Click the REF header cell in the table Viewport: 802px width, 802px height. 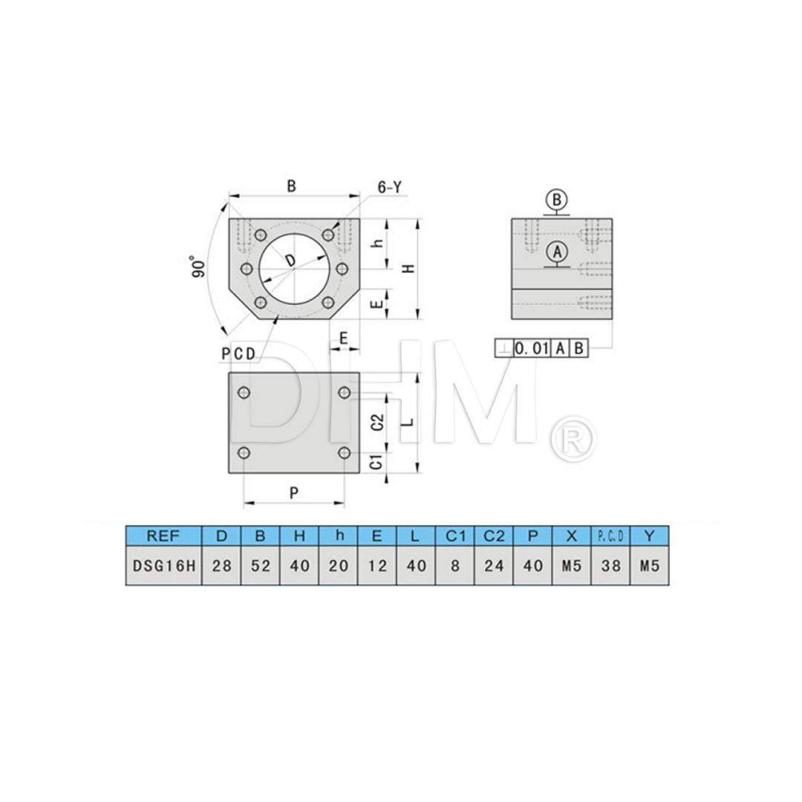point(163,535)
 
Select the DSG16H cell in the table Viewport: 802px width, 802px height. point(163,566)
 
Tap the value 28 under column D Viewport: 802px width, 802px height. point(221,566)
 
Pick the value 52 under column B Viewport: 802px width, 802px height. point(260,566)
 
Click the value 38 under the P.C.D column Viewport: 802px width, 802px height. point(610,566)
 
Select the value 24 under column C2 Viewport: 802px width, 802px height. point(494,566)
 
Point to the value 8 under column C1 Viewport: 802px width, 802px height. point(455,566)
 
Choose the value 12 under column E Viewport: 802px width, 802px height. point(377,566)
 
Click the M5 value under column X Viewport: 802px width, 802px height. point(571,566)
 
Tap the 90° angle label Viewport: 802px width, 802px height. point(197,267)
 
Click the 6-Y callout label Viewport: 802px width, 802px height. point(389,188)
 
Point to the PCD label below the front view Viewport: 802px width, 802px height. point(238,354)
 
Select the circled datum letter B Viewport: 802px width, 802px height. point(557,200)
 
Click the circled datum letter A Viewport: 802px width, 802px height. point(557,252)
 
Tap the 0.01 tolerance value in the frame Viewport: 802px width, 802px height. point(531,348)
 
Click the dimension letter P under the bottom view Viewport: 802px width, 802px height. point(293,492)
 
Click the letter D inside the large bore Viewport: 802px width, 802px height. point(290,259)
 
